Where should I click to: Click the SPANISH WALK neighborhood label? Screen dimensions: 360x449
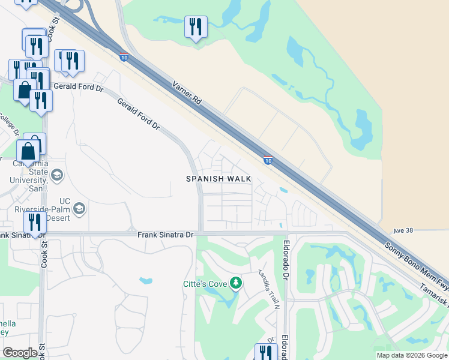[218, 179]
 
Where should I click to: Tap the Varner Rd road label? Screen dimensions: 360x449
[187, 93]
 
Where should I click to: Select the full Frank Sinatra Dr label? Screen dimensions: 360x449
[165, 235]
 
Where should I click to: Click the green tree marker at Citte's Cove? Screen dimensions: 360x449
[236, 282]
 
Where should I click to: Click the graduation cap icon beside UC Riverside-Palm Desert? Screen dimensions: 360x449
[79, 209]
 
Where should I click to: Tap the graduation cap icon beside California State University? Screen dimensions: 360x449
[58, 175]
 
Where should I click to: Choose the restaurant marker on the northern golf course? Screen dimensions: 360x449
[196, 27]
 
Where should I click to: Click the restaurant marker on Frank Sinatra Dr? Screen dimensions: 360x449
[35, 223]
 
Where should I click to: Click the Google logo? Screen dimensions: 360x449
[20, 353]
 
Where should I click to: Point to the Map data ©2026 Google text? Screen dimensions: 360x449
[411, 355]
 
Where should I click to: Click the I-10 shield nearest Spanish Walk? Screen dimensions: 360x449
[268, 160]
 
